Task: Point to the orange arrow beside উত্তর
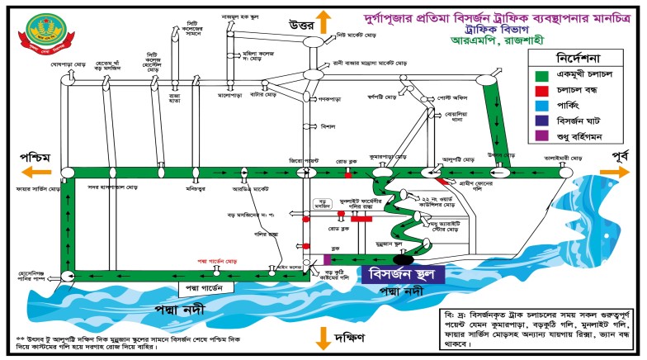(x=325, y=21)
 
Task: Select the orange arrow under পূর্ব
(x=612, y=170)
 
